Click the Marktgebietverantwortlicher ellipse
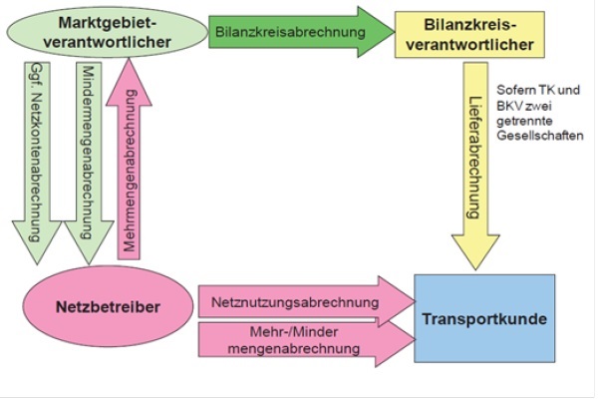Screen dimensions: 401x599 coord(105,32)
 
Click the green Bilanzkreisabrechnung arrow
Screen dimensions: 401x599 coord(289,32)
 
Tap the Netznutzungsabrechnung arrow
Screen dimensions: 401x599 coord(299,299)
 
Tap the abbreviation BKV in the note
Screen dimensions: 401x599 coord(508,105)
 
